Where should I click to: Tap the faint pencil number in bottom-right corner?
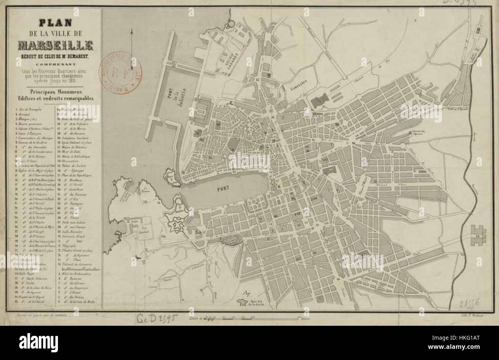468,304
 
